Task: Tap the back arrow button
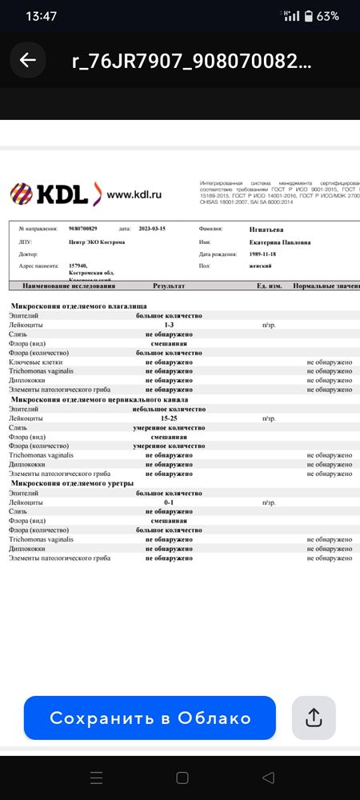point(28,61)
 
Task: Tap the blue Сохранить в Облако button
point(150,718)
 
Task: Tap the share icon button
point(313,718)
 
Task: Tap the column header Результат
point(169,286)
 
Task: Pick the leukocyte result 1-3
point(169,326)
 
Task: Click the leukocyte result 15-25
point(169,418)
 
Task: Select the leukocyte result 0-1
point(169,502)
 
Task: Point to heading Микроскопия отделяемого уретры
point(72,483)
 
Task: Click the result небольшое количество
point(169,409)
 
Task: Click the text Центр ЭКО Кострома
point(98,242)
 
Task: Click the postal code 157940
point(78,266)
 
